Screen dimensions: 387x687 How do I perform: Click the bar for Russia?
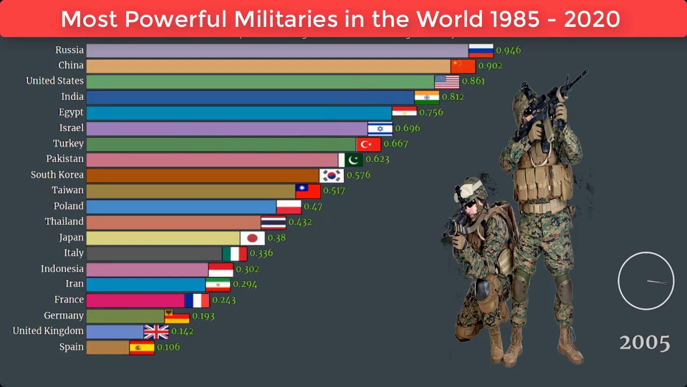coord(277,51)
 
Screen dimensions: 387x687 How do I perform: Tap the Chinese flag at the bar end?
coord(463,66)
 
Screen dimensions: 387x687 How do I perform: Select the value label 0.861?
coord(473,81)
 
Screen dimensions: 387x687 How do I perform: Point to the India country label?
coord(72,97)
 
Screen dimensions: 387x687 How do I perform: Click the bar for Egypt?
coord(239,113)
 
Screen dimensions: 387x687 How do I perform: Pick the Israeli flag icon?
coord(380,128)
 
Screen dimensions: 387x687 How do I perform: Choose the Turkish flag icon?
coord(368,144)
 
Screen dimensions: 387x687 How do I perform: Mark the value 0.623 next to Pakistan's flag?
coord(377,159)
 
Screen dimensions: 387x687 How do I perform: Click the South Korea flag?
coord(331,175)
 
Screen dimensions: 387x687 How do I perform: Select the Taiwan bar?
coord(191,191)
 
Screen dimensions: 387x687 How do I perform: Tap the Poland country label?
coord(69,206)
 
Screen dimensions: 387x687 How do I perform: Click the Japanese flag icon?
coord(252,238)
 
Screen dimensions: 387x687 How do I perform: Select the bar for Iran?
coord(145,284)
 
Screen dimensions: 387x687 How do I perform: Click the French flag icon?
coord(197,300)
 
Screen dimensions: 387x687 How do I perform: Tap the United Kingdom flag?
coord(156,332)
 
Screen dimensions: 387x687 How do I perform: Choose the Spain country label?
coord(71,347)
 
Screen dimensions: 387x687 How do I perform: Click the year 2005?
coord(645,342)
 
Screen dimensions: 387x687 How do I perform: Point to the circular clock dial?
coord(646,281)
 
